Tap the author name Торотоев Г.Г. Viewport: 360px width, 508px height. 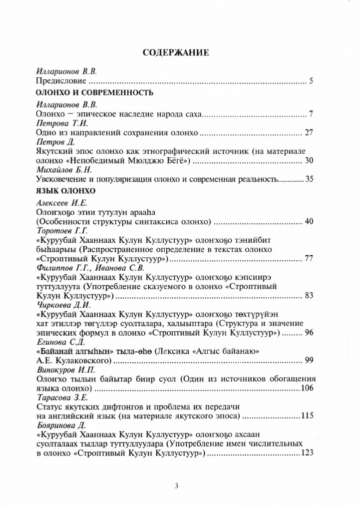(58, 231)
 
